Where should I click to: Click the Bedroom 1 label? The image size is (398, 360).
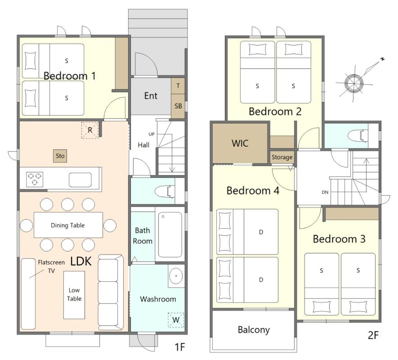[69, 76]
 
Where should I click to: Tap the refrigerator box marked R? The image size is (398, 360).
[90, 130]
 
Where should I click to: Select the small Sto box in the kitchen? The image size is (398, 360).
[60, 156]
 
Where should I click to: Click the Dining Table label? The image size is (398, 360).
[68, 225]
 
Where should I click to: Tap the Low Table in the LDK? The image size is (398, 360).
[74, 295]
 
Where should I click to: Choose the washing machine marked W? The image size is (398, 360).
[175, 320]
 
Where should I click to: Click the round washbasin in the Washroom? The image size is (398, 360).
[176, 276]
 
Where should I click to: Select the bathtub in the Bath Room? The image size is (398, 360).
[170, 234]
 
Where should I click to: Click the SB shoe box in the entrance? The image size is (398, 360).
[178, 106]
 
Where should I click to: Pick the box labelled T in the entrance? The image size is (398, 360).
[178, 86]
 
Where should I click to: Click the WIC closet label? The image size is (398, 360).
[240, 144]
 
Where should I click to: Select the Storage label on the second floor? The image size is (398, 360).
[282, 157]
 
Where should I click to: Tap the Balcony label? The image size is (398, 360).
[254, 330]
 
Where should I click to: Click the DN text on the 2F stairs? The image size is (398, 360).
[325, 192]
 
